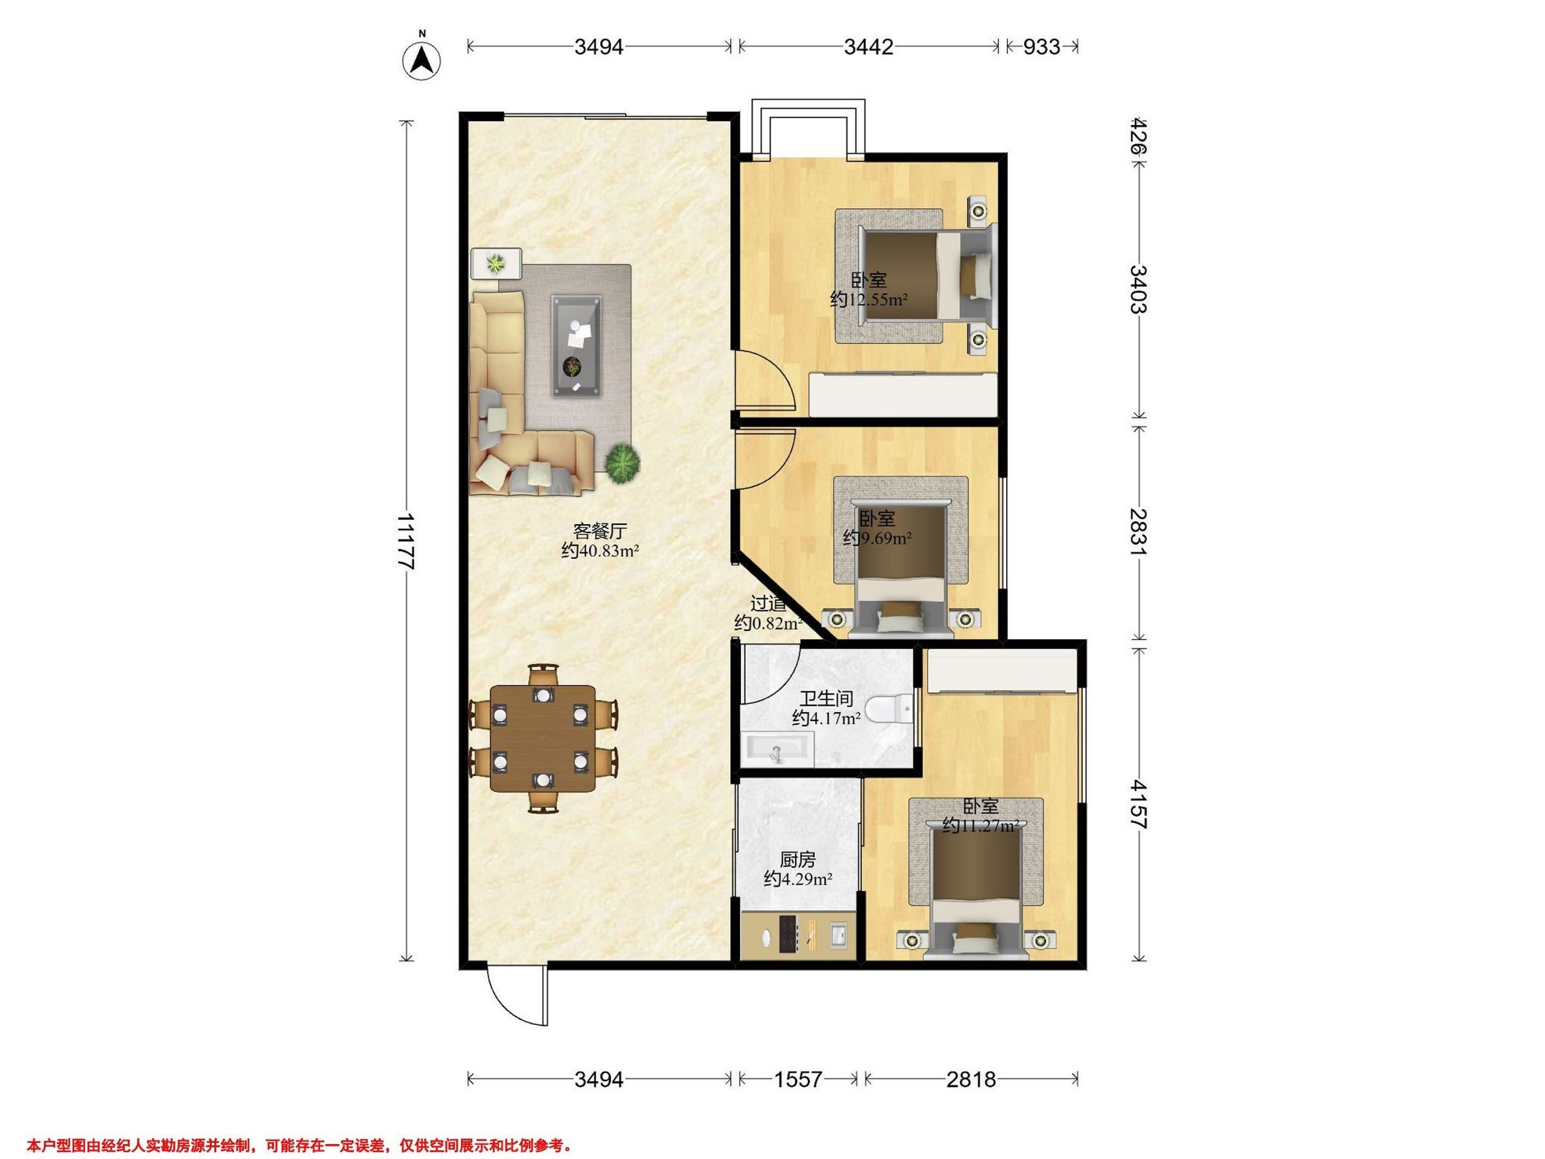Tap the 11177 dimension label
click(405, 542)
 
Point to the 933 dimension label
click(1042, 47)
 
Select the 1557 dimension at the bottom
click(798, 1079)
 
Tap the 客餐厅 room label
click(600, 531)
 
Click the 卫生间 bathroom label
click(827, 698)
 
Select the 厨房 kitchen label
click(798, 860)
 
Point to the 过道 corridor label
click(768, 603)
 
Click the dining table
click(543, 739)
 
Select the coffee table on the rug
click(577, 346)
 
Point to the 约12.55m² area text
click(868, 301)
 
